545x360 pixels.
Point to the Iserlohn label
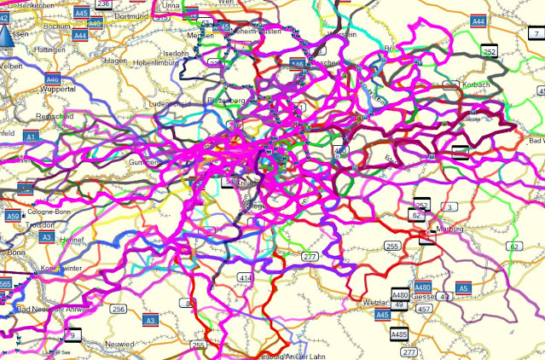176,52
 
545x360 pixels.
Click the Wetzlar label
351,303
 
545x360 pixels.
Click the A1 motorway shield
32,136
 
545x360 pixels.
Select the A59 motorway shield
14,217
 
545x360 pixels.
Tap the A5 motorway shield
462,288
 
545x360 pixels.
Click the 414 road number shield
246,278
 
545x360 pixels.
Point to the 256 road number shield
119,309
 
